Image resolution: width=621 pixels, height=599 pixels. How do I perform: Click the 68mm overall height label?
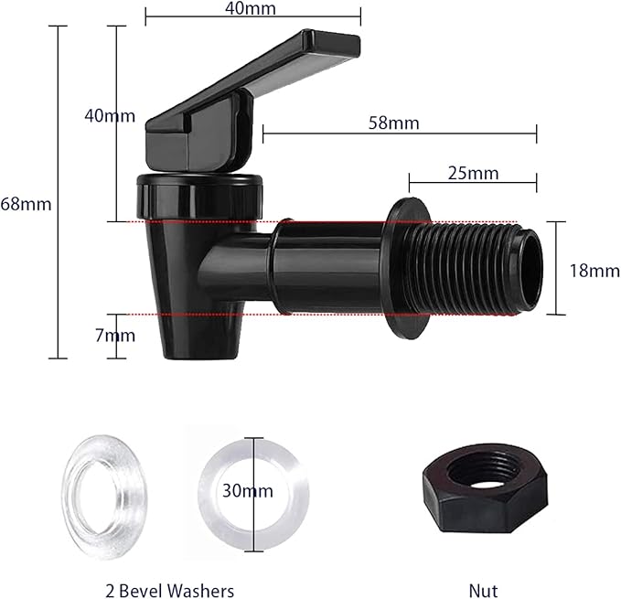[26, 204]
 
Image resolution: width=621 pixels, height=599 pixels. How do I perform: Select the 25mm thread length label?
[473, 173]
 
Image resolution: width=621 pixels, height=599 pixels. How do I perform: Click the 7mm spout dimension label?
[115, 336]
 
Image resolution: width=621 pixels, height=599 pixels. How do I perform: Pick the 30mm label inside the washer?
[247, 490]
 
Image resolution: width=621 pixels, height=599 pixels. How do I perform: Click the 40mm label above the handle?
[253, 8]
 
